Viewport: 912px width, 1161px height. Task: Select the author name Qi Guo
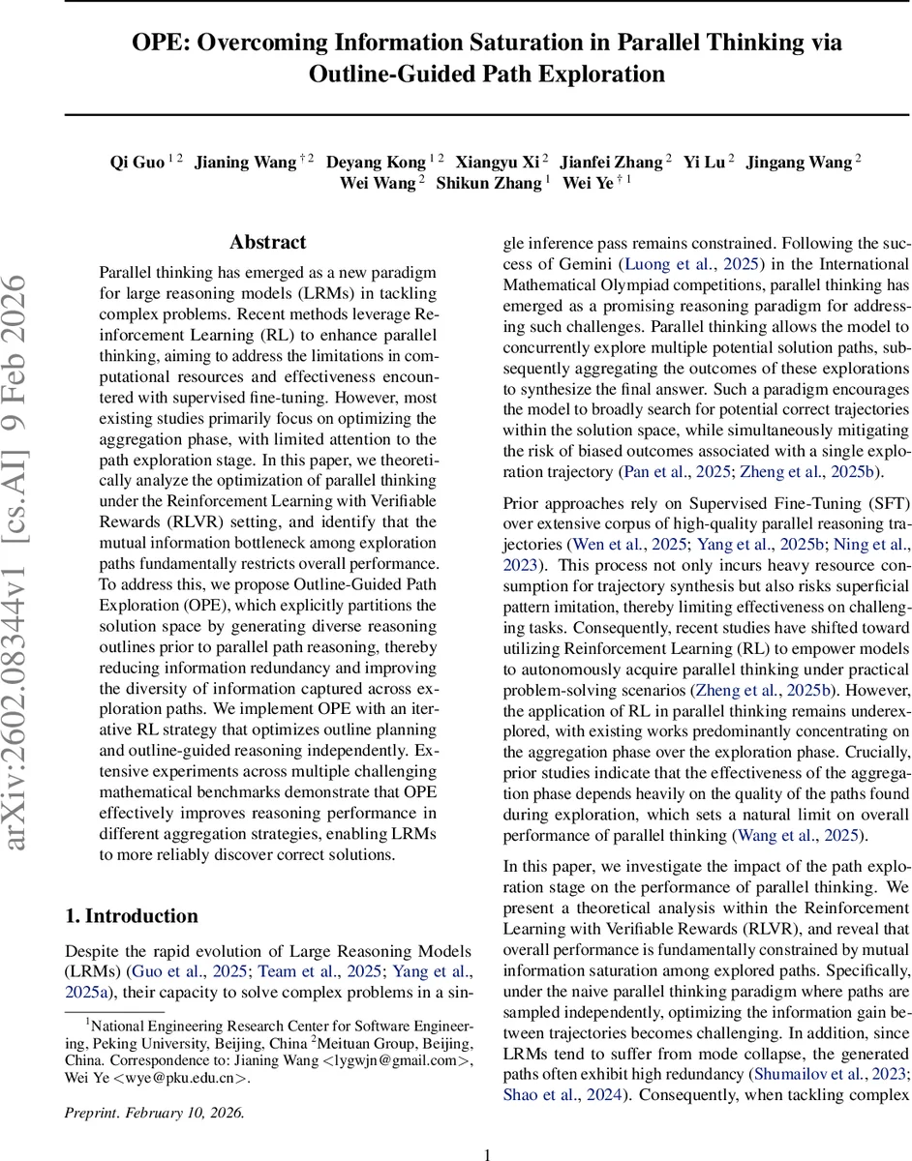click(137, 162)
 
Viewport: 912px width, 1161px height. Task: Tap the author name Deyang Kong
click(376, 162)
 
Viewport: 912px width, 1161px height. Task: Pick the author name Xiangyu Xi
click(498, 162)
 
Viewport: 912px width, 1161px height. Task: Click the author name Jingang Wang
click(799, 162)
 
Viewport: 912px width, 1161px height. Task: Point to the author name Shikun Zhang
click(489, 183)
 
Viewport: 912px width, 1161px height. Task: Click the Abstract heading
click(267, 242)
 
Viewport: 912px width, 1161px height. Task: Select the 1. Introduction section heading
click(131, 915)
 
